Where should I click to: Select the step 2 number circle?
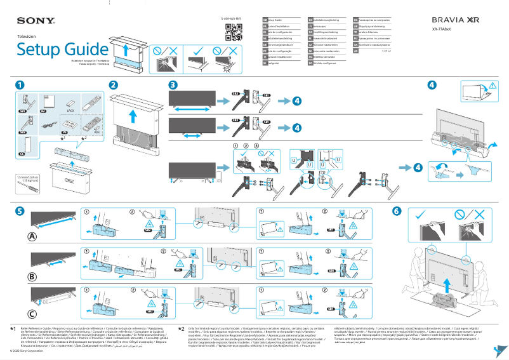113,85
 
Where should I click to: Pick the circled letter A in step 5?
32,236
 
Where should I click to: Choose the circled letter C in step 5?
32,314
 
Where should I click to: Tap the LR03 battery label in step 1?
70,110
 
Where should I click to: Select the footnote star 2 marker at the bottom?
181,329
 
